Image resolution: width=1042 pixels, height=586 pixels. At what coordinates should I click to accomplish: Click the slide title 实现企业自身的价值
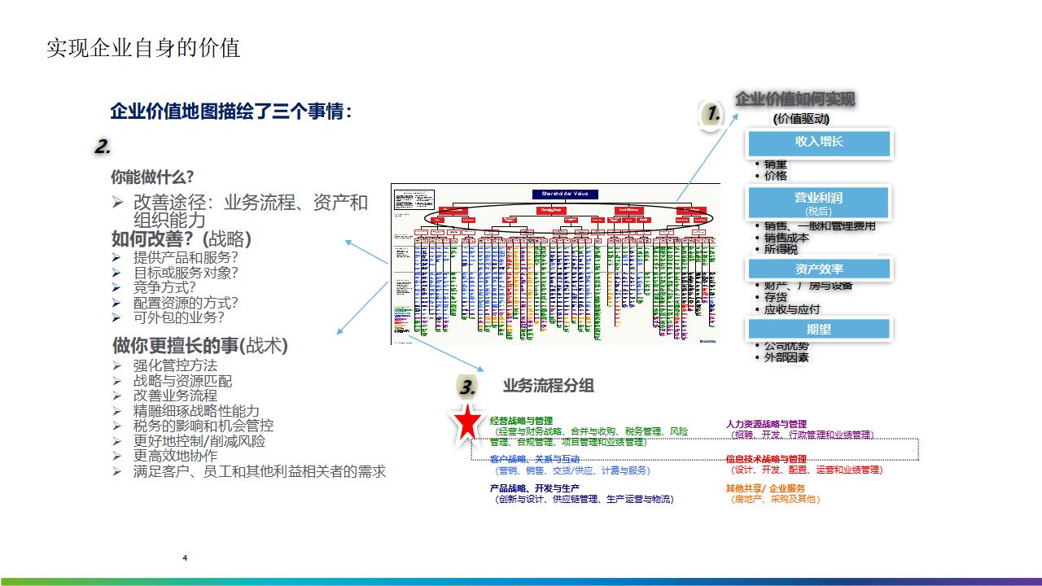[143, 48]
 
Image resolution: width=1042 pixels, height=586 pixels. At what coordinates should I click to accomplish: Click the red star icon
[468, 422]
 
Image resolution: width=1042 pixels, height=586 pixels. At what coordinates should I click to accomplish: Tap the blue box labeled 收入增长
[819, 142]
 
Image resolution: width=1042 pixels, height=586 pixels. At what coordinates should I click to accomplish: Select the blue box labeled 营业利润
[819, 201]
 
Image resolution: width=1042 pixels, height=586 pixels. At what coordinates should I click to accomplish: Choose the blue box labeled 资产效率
[819, 269]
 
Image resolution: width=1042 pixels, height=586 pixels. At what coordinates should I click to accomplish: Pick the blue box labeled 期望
[819, 330]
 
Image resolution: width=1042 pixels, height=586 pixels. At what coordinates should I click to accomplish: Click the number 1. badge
[713, 116]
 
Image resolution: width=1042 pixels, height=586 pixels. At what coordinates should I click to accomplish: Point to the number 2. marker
[103, 147]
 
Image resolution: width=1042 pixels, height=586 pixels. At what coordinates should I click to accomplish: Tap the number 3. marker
[467, 387]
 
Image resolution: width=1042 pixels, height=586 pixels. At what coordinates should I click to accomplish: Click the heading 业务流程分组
[548, 386]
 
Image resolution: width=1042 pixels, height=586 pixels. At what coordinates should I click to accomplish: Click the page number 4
[186, 558]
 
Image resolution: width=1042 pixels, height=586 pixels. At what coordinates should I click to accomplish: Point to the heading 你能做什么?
[152, 177]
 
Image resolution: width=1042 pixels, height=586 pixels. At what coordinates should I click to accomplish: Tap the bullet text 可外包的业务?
[178, 317]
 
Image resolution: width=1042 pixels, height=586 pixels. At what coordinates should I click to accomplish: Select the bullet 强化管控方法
[175, 365]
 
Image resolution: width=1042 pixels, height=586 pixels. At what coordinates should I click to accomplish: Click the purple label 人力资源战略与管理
[766, 424]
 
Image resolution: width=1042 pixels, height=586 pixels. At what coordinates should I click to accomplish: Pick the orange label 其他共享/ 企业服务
[765, 488]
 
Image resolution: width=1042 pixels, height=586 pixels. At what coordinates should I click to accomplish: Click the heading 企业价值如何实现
[795, 99]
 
